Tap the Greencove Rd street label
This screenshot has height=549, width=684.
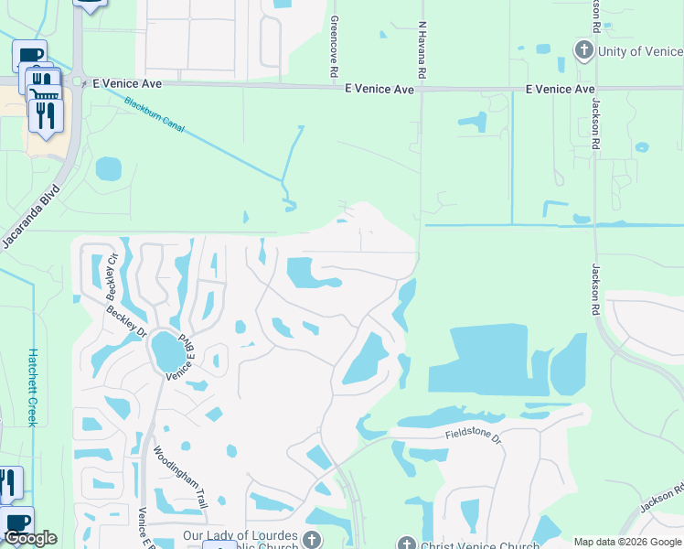335,46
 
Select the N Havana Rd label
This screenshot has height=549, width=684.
422,50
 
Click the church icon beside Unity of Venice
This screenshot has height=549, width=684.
584,50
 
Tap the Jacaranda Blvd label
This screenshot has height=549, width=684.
28,221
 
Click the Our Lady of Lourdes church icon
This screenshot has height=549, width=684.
313,539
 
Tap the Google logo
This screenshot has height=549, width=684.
30,538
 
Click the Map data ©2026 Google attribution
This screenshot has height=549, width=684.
626,542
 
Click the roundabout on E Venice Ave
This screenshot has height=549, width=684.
78,83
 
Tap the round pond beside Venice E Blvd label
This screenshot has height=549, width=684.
167,349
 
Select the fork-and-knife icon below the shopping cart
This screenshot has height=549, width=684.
44,115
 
